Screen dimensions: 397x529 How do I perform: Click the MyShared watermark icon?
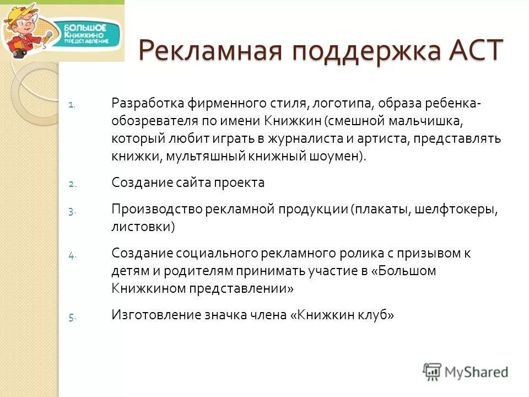[x=433, y=371]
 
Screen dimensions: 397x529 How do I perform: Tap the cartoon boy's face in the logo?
[x=20, y=28]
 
